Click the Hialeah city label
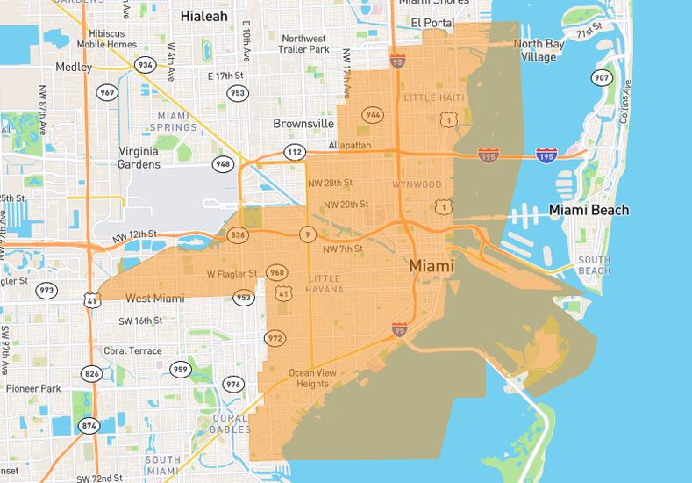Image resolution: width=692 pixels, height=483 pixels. pos(205,16)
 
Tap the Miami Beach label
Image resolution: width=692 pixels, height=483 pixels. pos(589,210)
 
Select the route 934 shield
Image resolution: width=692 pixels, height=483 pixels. pos(146,65)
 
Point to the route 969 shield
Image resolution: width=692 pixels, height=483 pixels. pos(108,92)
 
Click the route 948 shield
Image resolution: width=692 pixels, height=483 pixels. pos(224,163)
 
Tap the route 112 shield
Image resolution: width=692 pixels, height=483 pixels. pos(294,153)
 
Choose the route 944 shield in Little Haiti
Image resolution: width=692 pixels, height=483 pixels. pos(374,115)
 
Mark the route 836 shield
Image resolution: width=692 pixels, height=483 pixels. pos(237,234)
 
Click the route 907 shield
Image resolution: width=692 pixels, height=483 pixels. pos(601,78)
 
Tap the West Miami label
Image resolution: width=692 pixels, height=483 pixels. pos(155,299)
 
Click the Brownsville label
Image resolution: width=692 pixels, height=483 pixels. pos(303,124)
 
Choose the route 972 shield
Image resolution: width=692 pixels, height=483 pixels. pos(276,338)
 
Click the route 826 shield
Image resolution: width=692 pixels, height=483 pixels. pos(91,374)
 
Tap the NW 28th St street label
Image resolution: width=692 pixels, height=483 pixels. pos(329,183)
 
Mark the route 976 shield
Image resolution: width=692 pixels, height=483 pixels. pos(232,384)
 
